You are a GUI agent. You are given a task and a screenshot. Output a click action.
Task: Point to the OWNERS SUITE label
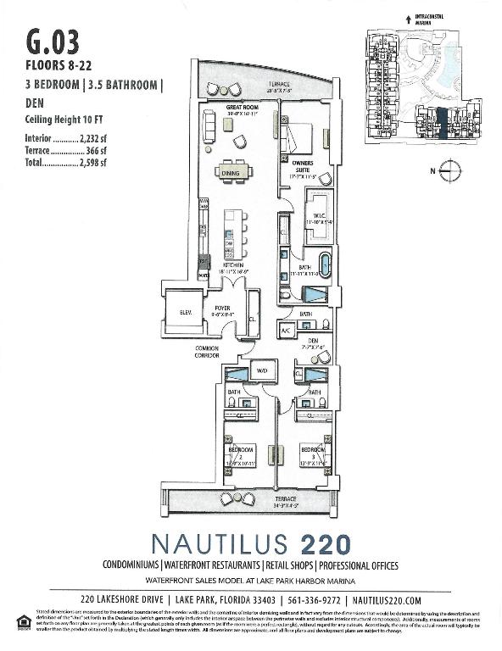(x=303, y=165)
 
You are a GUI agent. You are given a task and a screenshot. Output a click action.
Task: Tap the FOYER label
(x=222, y=309)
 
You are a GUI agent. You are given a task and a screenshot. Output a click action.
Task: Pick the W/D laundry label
(x=262, y=370)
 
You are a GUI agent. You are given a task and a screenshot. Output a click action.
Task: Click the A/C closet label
(x=286, y=331)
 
